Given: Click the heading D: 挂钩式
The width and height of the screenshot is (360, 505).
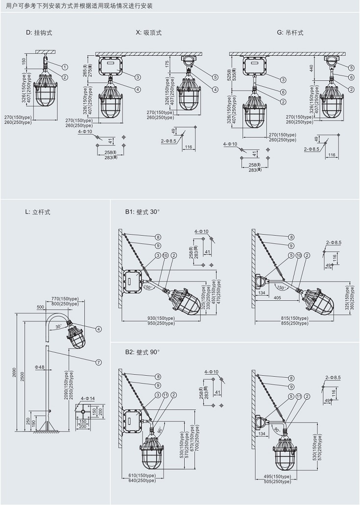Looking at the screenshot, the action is (x=39, y=32).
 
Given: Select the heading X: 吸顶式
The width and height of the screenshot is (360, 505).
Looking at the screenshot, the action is (x=148, y=32).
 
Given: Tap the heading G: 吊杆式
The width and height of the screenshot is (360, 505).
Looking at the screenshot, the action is (x=290, y=32).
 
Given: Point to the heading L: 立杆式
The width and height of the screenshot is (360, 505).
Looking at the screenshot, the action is (x=38, y=212).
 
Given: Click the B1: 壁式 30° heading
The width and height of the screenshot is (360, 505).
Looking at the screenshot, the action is (x=143, y=212).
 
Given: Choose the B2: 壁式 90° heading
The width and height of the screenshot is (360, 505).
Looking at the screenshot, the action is (x=143, y=352).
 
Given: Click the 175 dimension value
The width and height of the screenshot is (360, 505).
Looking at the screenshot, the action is (x=167, y=64).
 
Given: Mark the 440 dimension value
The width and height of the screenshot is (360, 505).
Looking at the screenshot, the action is (x=311, y=69).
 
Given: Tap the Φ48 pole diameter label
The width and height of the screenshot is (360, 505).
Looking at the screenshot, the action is (x=40, y=367).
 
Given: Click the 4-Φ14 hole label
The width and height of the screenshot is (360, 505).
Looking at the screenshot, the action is (x=88, y=398).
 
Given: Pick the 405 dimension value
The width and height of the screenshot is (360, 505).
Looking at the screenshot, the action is (x=277, y=298).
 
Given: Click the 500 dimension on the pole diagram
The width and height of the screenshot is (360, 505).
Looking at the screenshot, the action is (x=41, y=307).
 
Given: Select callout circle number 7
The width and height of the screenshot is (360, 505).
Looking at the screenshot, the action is (x=98, y=362).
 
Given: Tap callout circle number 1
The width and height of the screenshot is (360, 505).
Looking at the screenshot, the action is (x=65, y=67).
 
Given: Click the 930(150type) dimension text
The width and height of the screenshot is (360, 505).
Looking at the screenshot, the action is (x=161, y=318).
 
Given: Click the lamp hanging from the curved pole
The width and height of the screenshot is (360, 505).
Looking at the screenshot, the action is (x=76, y=335).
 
